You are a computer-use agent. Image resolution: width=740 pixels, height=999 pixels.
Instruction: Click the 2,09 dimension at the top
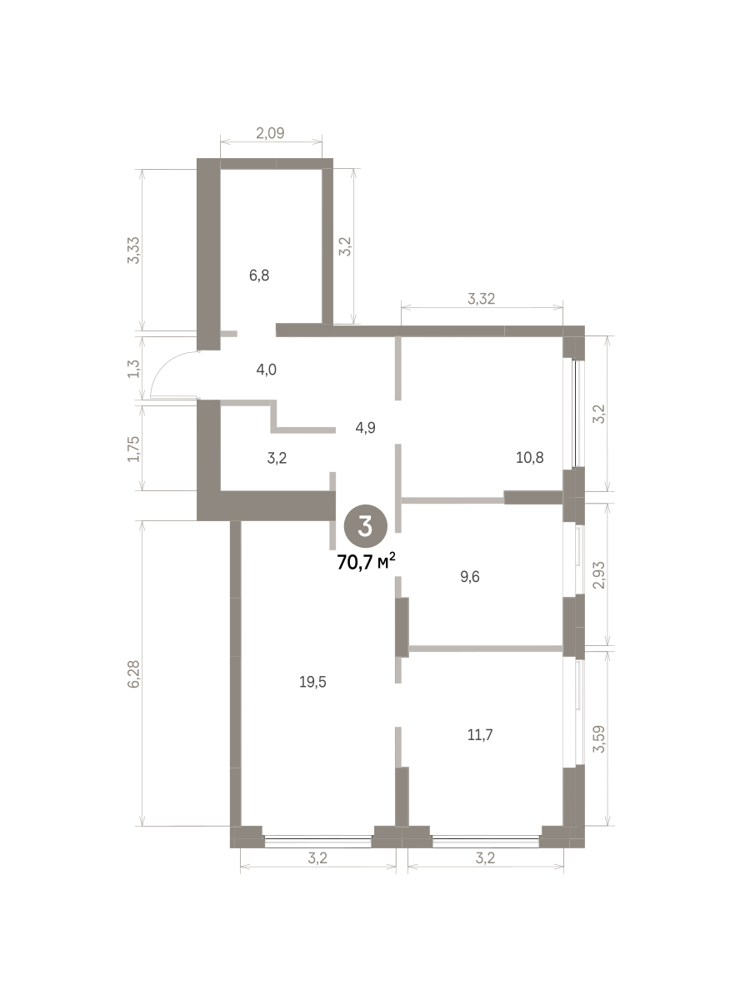(x=270, y=133)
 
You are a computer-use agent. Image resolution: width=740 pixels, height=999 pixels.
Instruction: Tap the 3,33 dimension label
(x=134, y=250)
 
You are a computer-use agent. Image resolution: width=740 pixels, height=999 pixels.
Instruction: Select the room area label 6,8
(x=259, y=275)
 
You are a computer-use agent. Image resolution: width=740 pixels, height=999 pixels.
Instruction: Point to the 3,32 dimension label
(x=481, y=299)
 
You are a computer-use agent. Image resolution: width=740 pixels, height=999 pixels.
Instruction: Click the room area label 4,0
(x=266, y=370)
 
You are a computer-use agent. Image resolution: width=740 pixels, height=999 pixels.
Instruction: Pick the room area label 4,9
(x=365, y=427)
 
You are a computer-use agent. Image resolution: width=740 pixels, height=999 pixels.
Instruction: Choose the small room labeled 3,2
(x=277, y=458)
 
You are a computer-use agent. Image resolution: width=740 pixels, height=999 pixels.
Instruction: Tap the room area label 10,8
(x=529, y=458)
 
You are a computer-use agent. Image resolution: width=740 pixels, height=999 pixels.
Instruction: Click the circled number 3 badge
(x=365, y=526)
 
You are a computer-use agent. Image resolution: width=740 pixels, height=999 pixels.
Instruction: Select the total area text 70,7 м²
(x=366, y=562)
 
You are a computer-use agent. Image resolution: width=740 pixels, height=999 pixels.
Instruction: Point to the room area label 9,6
(x=469, y=577)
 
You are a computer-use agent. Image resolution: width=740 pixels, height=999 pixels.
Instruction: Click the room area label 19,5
(x=312, y=682)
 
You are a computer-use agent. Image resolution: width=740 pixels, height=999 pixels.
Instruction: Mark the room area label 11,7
(x=480, y=735)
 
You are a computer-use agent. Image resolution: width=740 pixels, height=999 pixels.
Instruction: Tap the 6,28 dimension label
(x=134, y=674)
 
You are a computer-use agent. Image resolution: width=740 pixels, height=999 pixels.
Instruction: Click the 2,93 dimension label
(x=599, y=575)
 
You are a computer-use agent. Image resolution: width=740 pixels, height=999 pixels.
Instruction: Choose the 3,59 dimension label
(x=599, y=739)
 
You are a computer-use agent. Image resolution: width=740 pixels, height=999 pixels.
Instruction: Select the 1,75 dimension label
(x=134, y=449)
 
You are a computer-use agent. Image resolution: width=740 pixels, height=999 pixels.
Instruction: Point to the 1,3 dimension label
(x=134, y=369)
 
